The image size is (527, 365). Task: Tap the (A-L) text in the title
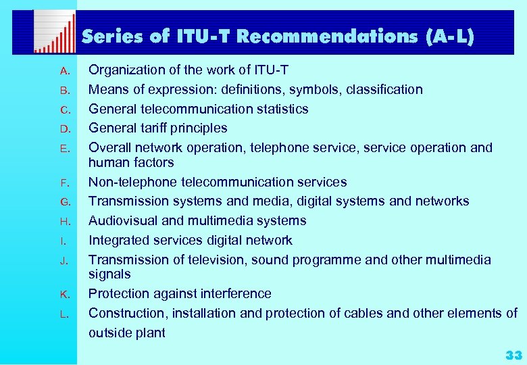click(x=451, y=37)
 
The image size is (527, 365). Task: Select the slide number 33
click(x=513, y=355)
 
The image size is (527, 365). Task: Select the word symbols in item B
click(x=333, y=89)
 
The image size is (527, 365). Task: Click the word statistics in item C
click(x=280, y=109)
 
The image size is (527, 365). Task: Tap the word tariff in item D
click(x=157, y=128)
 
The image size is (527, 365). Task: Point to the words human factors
click(x=131, y=162)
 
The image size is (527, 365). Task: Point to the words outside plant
click(x=127, y=333)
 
